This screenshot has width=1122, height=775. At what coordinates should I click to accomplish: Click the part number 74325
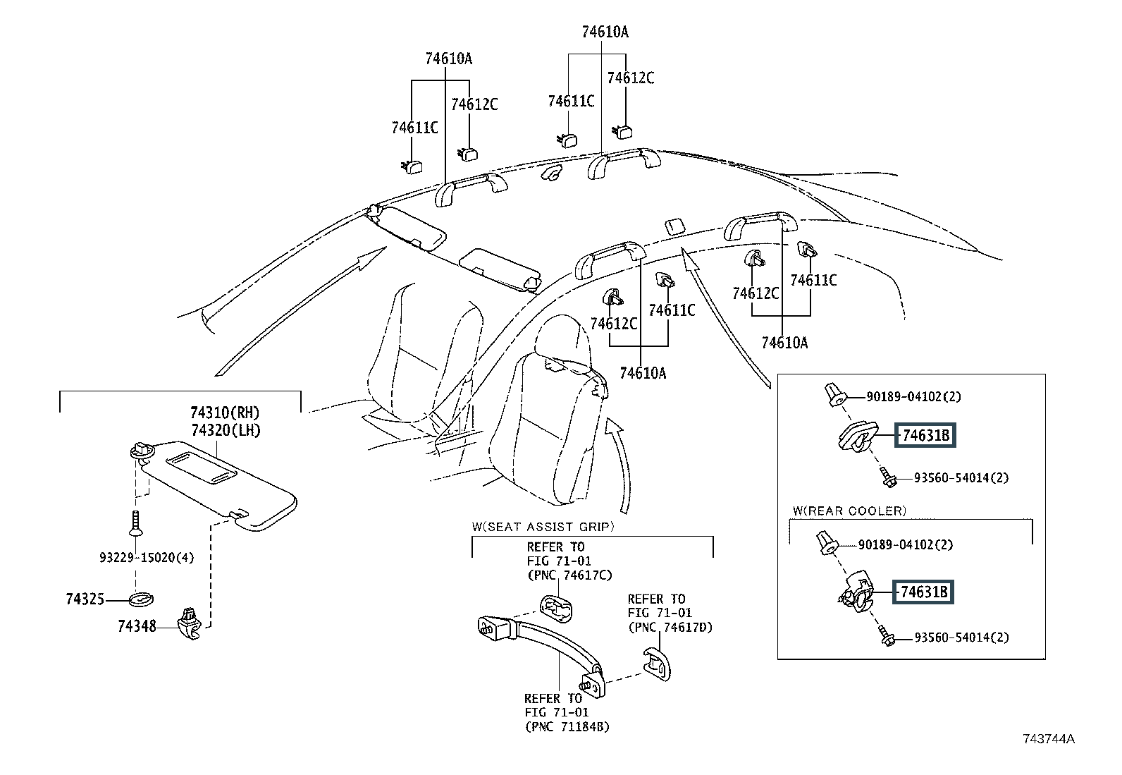85,599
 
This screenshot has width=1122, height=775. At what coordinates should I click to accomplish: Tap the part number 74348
137,625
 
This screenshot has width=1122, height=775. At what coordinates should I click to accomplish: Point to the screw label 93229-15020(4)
146,558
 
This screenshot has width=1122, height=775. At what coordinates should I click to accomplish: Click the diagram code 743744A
1049,739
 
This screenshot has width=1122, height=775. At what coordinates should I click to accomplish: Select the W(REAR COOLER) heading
849,511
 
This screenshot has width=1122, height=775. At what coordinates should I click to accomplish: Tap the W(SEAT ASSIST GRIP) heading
543,526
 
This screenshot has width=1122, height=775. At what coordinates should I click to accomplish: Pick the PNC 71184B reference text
567,726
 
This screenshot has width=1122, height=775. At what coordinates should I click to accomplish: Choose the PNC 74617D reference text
670,627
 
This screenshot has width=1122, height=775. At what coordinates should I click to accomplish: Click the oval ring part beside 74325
141,599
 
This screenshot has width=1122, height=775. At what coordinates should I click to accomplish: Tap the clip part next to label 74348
190,621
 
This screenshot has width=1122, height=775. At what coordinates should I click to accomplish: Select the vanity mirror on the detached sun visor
202,465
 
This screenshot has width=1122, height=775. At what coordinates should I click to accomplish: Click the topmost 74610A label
605,32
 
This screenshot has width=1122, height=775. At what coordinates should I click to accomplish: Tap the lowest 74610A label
643,373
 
